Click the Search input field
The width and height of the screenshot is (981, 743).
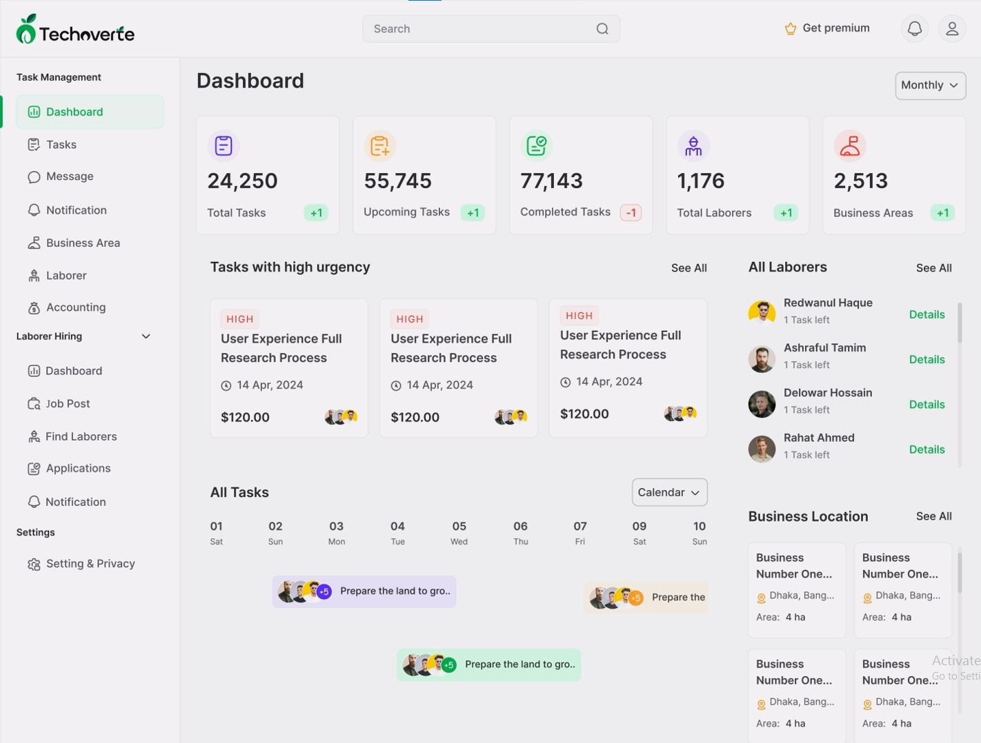pyautogui.click(x=483, y=29)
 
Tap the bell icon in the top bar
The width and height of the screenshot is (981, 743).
pyautogui.click(x=914, y=29)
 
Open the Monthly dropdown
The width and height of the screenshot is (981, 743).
pyautogui.click(x=930, y=85)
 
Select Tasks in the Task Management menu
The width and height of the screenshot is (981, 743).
pyautogui.click(x=61, y=145)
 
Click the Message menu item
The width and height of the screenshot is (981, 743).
pyautogui.click(x=69, y=176)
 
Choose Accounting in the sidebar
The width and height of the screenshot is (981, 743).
pyautogui.click(x=75, y=307)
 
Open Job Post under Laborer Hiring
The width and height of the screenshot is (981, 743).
pyautogui.click(x=68, y=404)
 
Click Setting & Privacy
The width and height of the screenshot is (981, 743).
pyautogui.click(x=90, y=564)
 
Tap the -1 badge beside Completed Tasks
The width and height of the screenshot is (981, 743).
pyautogui.click(x=631, y=213)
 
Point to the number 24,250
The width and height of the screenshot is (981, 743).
pyautogui.click(x=242, y=181)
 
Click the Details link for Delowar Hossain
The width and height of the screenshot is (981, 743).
pyautogui.click(x=926, y=405)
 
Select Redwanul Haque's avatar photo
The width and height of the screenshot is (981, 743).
pyautogui.click(x=762, y=312)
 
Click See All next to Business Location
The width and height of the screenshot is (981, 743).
pyautogui.click(x=933, y=516)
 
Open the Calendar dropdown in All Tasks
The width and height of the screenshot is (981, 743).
pyautogui.click(x=669, y=492)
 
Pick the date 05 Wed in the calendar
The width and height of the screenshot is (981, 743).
pyautogui.click(x=459, y=533)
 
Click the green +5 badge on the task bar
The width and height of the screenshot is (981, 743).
pyautogui.click(x=449, y=665)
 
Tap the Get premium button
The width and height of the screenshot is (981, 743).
pyautogui.click(x=827, y=28)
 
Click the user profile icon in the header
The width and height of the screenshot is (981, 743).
pyautogui.click(x=951, y=29)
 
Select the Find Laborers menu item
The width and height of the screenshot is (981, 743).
pyautogui.click(x=81, y=436)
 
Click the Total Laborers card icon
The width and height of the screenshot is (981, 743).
pyautogui.click(x=693, y=146)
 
